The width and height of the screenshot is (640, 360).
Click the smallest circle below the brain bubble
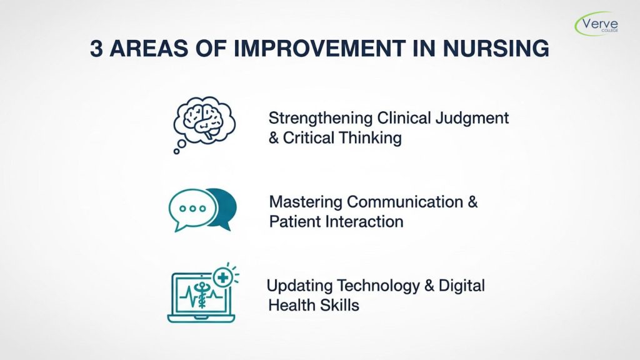coord(177,151)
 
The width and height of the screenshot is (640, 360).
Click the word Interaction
coord(365,222)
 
